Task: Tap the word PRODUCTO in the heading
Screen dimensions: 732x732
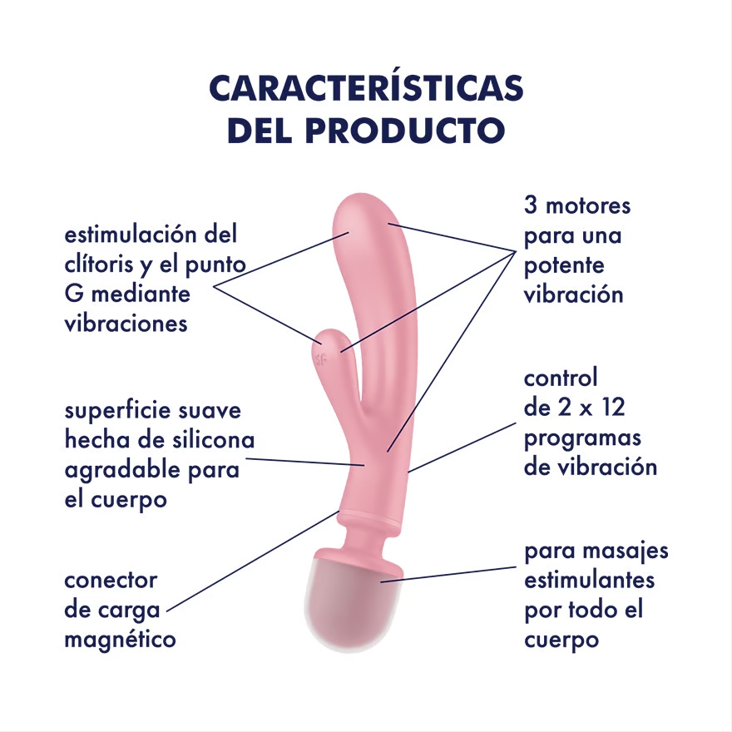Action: pos(405,131)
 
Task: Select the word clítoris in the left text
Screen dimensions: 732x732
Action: pos(99,265)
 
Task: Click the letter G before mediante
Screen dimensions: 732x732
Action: pos(74,294)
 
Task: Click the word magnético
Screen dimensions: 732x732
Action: pos(120,640)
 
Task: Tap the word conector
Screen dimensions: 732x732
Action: pos(111,581)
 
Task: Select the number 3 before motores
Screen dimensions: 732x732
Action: pos(531,205)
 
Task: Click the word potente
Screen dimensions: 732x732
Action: pos(564,265)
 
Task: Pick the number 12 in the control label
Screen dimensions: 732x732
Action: pos(613,407)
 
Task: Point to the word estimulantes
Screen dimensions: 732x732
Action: pos(589,581)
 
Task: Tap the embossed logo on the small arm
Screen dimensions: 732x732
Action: pos(321,359)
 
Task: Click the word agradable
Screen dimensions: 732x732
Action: pos(123,471)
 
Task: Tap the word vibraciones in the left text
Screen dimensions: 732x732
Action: pos(126,324)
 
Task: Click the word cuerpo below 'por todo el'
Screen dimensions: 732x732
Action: pos(561,640)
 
